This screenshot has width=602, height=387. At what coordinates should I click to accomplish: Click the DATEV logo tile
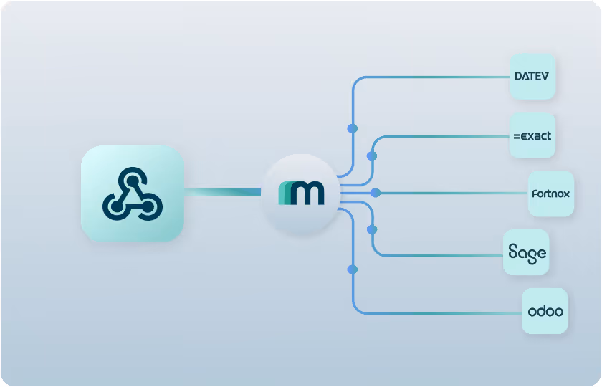tap(532, 76)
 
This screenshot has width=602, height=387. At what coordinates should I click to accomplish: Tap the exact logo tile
tap(532, 135)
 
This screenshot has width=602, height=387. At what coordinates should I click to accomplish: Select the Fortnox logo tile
tap(551, 193)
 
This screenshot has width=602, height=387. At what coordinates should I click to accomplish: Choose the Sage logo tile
tap(527, 252)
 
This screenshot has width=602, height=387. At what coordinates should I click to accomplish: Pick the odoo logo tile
tap(545, 311)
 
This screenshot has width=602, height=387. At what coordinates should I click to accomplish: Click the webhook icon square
tap(133, 193)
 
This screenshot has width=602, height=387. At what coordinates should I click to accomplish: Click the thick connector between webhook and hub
tap(222, 191)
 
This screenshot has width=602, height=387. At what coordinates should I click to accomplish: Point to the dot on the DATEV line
tap(352, 128)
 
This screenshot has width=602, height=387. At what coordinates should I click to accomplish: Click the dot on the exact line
tap(371, 156)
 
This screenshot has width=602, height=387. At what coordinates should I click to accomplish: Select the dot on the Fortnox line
tap(375, 193)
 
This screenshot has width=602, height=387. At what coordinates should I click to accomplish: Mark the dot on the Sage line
tap(371, 229)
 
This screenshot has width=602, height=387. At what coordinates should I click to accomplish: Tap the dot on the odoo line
tap(352, 269)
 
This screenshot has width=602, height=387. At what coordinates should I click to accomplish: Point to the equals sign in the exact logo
tap(516, 135)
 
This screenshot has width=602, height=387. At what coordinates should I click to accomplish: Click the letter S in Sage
tap(513, 252)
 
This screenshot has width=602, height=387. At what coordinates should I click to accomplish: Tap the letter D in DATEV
tap(519, 76)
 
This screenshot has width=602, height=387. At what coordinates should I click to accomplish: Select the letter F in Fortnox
tap(535, 193)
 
